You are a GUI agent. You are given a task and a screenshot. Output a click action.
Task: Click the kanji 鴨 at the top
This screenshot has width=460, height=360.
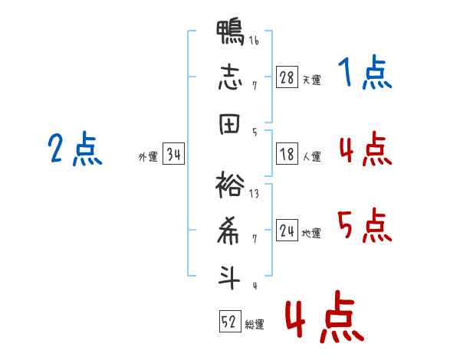click(x=230, y=32)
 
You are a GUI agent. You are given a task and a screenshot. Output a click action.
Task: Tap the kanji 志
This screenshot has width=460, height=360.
click(x=230, y=77)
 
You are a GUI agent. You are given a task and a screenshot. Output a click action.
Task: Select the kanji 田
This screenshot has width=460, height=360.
click(x=229, y=124)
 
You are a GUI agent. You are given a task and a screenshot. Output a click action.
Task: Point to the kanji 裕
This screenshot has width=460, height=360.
click(x=230, y=185)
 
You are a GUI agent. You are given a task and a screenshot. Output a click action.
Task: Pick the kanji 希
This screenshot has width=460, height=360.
click(x=228, y=231)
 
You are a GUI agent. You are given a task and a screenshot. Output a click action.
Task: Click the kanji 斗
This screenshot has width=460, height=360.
click(x=229, y=277)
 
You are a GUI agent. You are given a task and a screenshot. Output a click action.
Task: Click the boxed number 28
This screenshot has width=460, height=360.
click(x=287, y=77)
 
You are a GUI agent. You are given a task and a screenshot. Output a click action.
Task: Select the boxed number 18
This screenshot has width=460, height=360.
click(x=287, y=154)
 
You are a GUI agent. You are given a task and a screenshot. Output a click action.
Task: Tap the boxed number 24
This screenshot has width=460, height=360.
click(x=287, y=230)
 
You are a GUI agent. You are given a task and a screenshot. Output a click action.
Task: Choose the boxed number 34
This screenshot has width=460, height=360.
click(x=173, y=153)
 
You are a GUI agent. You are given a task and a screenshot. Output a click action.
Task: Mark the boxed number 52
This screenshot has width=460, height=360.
click(x=230, y=321)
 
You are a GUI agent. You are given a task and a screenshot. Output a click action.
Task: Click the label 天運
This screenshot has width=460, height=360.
click(x=312, y=80)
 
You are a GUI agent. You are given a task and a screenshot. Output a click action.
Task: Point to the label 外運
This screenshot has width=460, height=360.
click(x=148, y=157)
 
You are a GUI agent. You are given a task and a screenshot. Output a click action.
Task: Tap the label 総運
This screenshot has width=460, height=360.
click(x=255, y=325)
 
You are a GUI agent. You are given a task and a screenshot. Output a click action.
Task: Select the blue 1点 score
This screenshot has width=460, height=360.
click(x=365, y=72)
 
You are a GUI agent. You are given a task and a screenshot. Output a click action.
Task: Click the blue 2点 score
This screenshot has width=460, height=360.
click(x=75, y=149)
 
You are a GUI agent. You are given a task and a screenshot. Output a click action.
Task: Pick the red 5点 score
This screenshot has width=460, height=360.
click(x=365, y=225)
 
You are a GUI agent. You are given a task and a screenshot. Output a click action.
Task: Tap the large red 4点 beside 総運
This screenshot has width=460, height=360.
click(x=324, y=316)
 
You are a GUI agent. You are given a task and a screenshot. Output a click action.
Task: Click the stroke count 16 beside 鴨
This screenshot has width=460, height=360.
click(x=254, y=40)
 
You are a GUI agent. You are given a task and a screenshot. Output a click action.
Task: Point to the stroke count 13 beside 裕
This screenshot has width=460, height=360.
click(x=254, y=194)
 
